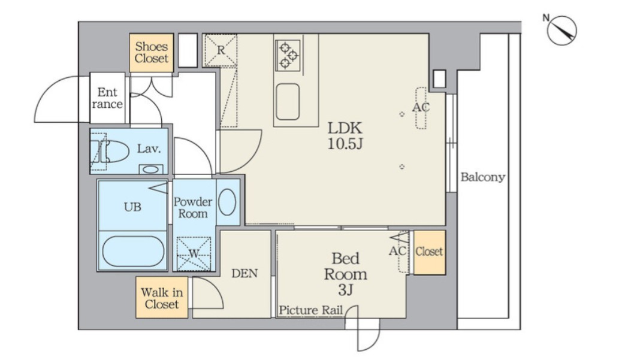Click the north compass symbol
point(561,30)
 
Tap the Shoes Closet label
point(152,53)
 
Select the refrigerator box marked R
point(221,50)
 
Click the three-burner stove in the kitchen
point(288,55)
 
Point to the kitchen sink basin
point(288,102)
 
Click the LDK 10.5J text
point(345,136)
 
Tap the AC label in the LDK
point(421,107)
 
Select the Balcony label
point(483,177)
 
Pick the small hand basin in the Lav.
point(150,170)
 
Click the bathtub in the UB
point(133,252)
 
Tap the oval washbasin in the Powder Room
point(227,202)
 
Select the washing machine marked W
point(194,253)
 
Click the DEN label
point(244,273)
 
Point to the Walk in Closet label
point(162,298)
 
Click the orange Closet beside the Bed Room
point(429,252)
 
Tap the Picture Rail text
point(311,310)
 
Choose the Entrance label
point(107,98)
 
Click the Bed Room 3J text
point(345,274)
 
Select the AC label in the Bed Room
point(397,251)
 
